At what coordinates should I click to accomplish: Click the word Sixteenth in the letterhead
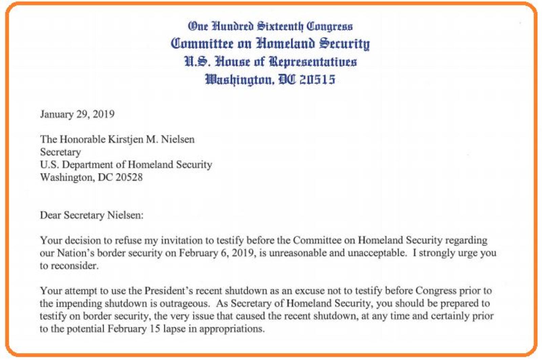point(280,26)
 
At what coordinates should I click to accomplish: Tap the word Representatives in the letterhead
point(313,62)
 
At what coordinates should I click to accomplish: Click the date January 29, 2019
point(77,114)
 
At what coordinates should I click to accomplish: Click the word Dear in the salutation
point(50,215)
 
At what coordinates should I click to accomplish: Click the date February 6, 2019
point(217,253)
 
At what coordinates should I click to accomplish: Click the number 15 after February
point(154,329)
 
